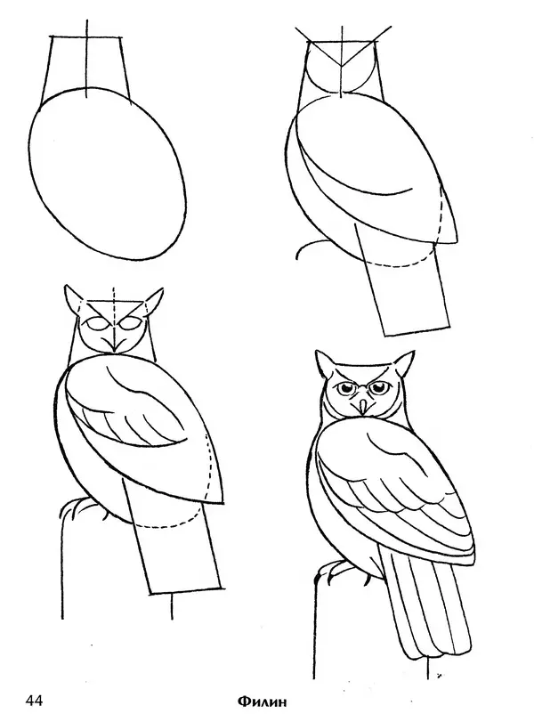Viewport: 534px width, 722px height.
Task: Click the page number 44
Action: [x=34, y=701]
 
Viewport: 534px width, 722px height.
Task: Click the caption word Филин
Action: [x=262, y=702]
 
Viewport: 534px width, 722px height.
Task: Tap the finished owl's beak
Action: [x=363, y=406]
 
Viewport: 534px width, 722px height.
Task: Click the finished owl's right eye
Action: [x=381, y=388]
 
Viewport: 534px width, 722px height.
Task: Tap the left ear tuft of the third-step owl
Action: [x=74, y=298]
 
